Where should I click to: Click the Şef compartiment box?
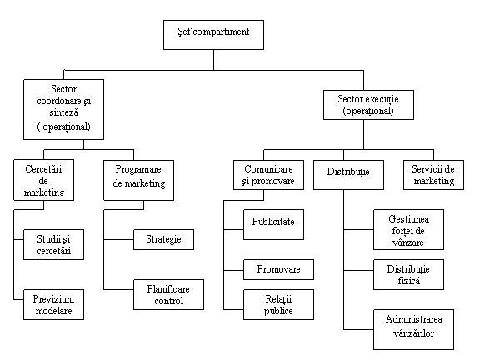213,35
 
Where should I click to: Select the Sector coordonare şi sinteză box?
63,110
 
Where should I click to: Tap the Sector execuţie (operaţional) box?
368,105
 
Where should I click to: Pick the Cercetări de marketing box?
44,180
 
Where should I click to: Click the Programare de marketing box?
138,180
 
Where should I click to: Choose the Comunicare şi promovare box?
268,175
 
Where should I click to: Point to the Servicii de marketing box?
433,175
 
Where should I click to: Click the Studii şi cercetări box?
53,245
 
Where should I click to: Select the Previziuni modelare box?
53,305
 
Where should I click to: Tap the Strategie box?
163,239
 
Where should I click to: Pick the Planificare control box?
168,294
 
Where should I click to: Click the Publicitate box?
273,224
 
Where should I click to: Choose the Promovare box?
278,269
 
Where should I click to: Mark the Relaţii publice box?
278,305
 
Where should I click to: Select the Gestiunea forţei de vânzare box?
408,230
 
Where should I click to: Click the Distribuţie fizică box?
408,275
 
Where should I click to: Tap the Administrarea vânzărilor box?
413,329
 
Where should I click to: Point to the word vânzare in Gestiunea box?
408,242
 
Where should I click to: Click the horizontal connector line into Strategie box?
119,239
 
